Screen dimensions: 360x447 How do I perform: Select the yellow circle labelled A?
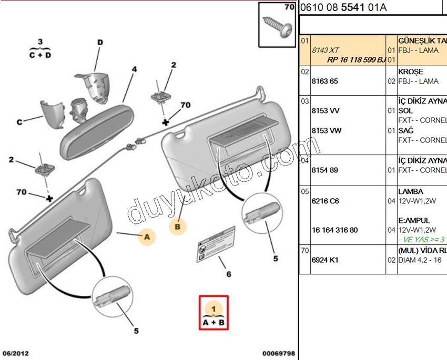pos(147,238)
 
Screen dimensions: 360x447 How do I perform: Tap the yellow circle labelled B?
pos(178,227)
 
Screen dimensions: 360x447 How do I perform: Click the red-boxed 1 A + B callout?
pos(214,313)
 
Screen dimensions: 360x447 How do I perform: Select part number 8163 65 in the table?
pos(326,81)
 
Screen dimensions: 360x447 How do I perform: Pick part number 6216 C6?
pos(326,201)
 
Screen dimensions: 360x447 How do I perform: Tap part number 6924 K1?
pos(326,259)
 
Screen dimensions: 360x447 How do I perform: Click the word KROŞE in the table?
pos(411,71)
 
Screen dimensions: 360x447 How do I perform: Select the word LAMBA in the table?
pos(411,191)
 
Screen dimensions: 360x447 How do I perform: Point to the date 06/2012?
pos(15,353)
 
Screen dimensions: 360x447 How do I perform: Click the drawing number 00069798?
pos(279,353)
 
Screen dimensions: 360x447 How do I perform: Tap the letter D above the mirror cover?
pos(100,42)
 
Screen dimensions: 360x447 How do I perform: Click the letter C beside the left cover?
pos(19,122)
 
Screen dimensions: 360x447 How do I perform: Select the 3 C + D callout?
pos(40,48)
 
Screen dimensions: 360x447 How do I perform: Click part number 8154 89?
pos(326,170)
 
